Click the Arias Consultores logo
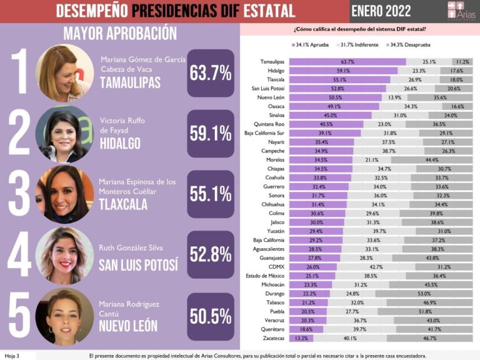[461, 11]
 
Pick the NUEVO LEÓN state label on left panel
[129, 326]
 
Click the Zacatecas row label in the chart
[272, 338]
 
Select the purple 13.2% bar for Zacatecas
[301, 338]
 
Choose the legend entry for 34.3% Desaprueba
[411, 45]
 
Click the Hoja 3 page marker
[12, 356]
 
